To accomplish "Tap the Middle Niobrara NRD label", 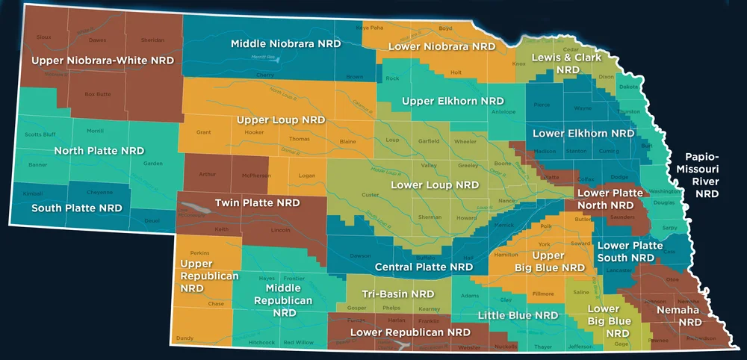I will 285,44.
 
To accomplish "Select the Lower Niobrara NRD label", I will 441,46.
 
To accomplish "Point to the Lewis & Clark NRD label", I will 566,63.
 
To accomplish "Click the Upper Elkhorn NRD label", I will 453,101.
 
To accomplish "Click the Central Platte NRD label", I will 424,267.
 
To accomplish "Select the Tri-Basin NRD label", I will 398,294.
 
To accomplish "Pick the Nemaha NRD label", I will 678,316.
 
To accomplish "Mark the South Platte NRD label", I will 77,208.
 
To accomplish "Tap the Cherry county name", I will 265,75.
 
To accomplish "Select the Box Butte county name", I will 97,94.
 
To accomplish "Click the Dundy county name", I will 185,338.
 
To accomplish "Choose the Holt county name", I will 456,72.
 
